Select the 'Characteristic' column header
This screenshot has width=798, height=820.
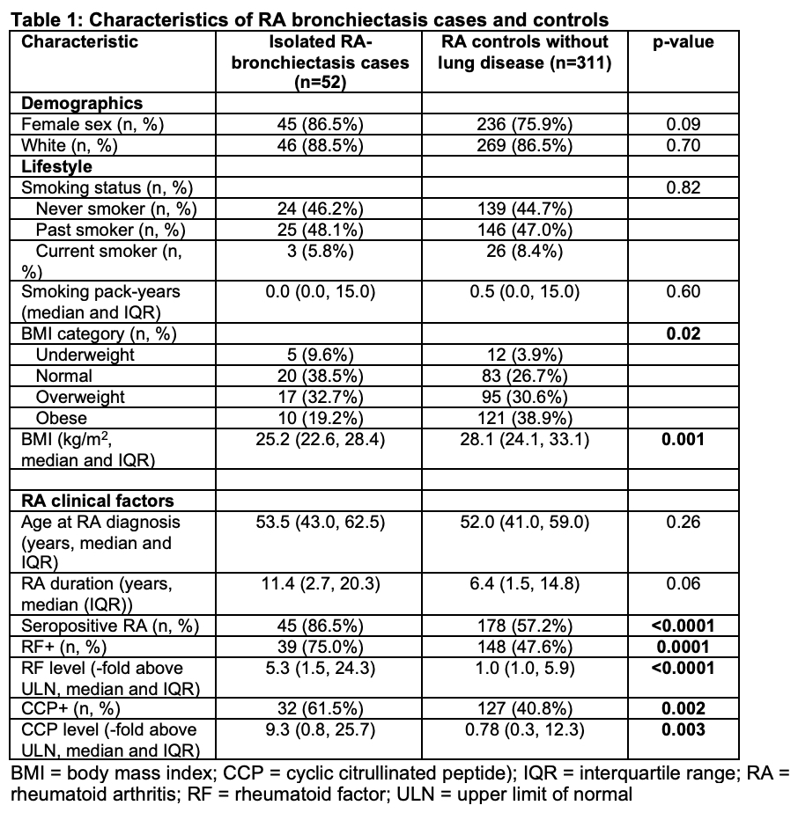[79, 42]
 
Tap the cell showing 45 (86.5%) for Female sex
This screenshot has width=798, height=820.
[314, 125]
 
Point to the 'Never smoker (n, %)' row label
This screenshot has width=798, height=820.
[116, 209]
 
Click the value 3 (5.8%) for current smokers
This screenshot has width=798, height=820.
[314, 251]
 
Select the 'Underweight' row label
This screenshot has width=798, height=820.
[85, 355]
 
